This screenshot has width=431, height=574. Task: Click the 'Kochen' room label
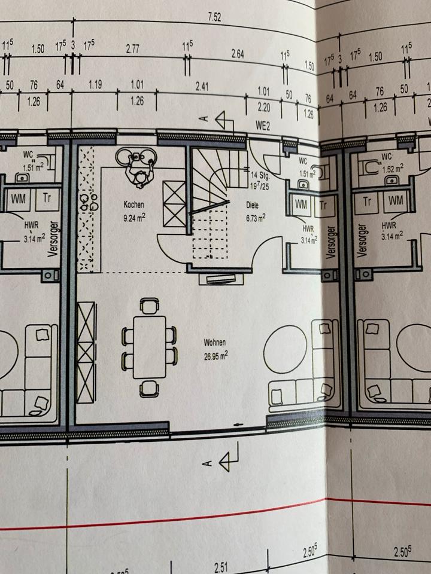(x=134, y=204)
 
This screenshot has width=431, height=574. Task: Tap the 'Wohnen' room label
(x=214, y=343)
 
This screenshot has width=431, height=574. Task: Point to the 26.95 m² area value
(x=215, y=353)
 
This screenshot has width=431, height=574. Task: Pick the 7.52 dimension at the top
(x=214, y=17)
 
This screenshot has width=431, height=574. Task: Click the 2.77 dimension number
(x=133, y=50)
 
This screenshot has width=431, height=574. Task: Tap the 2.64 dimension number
(x=238, y=54)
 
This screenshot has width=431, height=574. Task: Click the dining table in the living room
(x=148, y=347)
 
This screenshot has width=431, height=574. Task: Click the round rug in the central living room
(x=286, y=346)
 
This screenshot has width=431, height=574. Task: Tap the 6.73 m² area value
(x=256, y=218)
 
